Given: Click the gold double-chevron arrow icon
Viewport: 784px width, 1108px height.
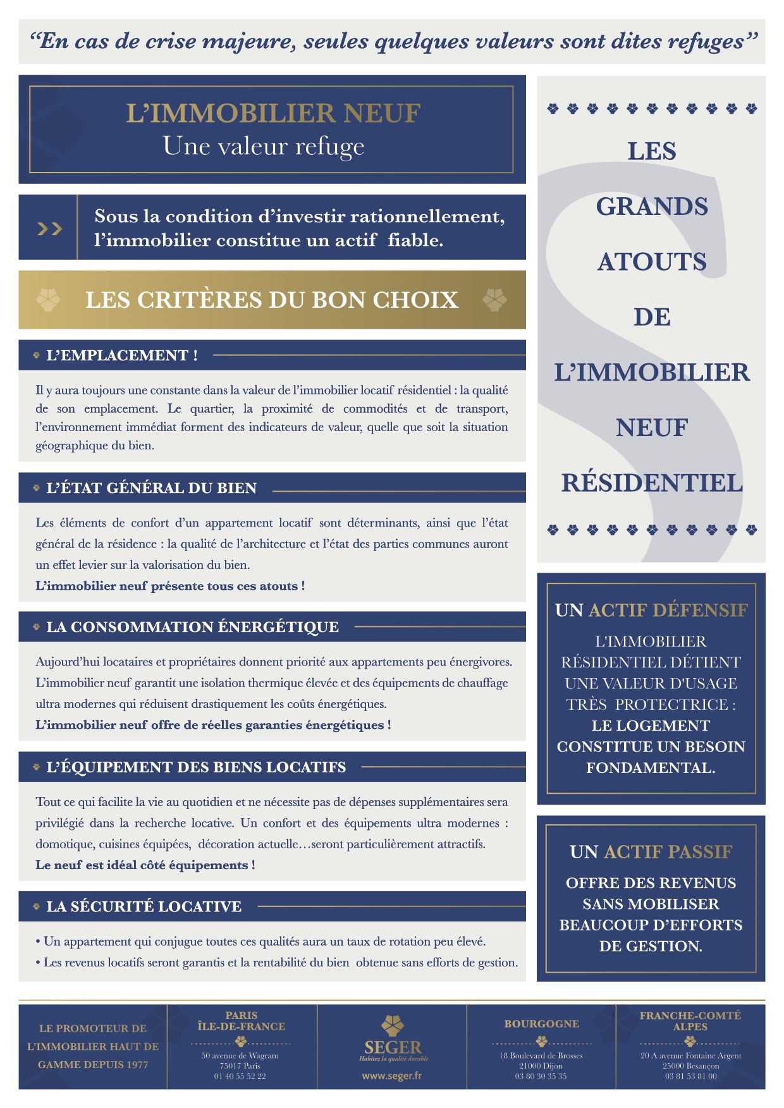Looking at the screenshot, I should click(x=49, y=228).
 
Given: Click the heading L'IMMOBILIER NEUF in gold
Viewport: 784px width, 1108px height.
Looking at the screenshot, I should click(x=273, y=113).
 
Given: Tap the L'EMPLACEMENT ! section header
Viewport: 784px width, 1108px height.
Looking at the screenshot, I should click(x=122, y=355).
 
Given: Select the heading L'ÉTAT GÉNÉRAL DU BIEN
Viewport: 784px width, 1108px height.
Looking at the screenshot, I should click(x=152, y=488).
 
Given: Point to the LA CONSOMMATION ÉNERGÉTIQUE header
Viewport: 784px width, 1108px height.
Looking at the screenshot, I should click(x=192, y=627).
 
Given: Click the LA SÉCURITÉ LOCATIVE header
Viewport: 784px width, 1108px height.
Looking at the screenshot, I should click(x=144, y=906).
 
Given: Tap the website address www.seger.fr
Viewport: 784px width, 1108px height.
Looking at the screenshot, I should click(x=391, y=1075).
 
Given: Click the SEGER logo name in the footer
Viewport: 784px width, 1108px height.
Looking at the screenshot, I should click(x=393, y=1047).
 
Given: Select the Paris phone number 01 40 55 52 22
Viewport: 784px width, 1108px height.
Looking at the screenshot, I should click(x=240, y=1076).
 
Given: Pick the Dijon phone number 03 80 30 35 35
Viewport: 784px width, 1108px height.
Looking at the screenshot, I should click(x=541, y=1076).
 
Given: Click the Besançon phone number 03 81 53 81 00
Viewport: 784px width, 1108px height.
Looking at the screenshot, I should click(x=690, y=1076).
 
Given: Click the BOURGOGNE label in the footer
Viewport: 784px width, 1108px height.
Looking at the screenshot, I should click(x=541, y=1023).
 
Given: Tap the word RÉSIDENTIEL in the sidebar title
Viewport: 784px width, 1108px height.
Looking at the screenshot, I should click(x=652, y=483).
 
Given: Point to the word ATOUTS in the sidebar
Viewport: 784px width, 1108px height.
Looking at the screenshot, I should click(x=652, y=262).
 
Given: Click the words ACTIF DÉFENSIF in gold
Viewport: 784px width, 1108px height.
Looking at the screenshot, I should click(x=668, y=610).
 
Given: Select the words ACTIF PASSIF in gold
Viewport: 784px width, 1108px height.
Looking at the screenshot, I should click(x=668, y=852).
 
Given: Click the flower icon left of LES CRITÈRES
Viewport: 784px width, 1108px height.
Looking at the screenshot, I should click(x=49, y=300).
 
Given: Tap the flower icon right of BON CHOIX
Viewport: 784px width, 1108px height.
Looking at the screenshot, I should click(x=494, y=300).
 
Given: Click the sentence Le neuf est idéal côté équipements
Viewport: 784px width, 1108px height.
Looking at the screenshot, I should click(x=145, y=865).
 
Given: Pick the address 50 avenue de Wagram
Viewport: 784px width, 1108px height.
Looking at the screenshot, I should click(x=240, y=1056).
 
